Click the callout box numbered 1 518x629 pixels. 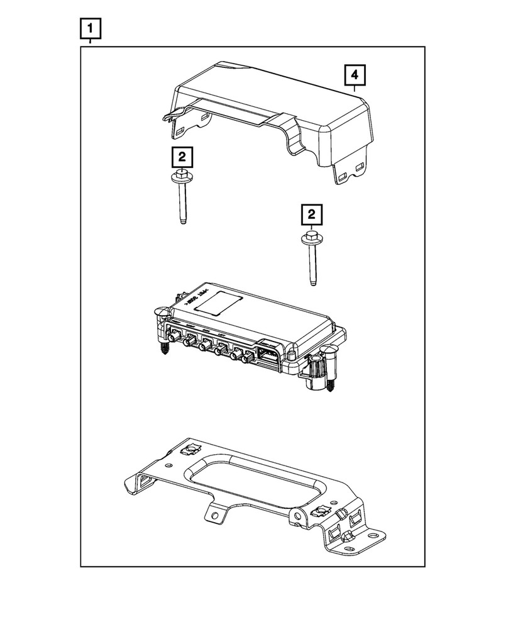91,28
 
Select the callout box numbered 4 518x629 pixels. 355,76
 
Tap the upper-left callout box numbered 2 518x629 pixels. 181,157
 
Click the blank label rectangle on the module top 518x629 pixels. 218,304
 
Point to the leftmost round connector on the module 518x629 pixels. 187,343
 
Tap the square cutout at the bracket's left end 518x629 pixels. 143,481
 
